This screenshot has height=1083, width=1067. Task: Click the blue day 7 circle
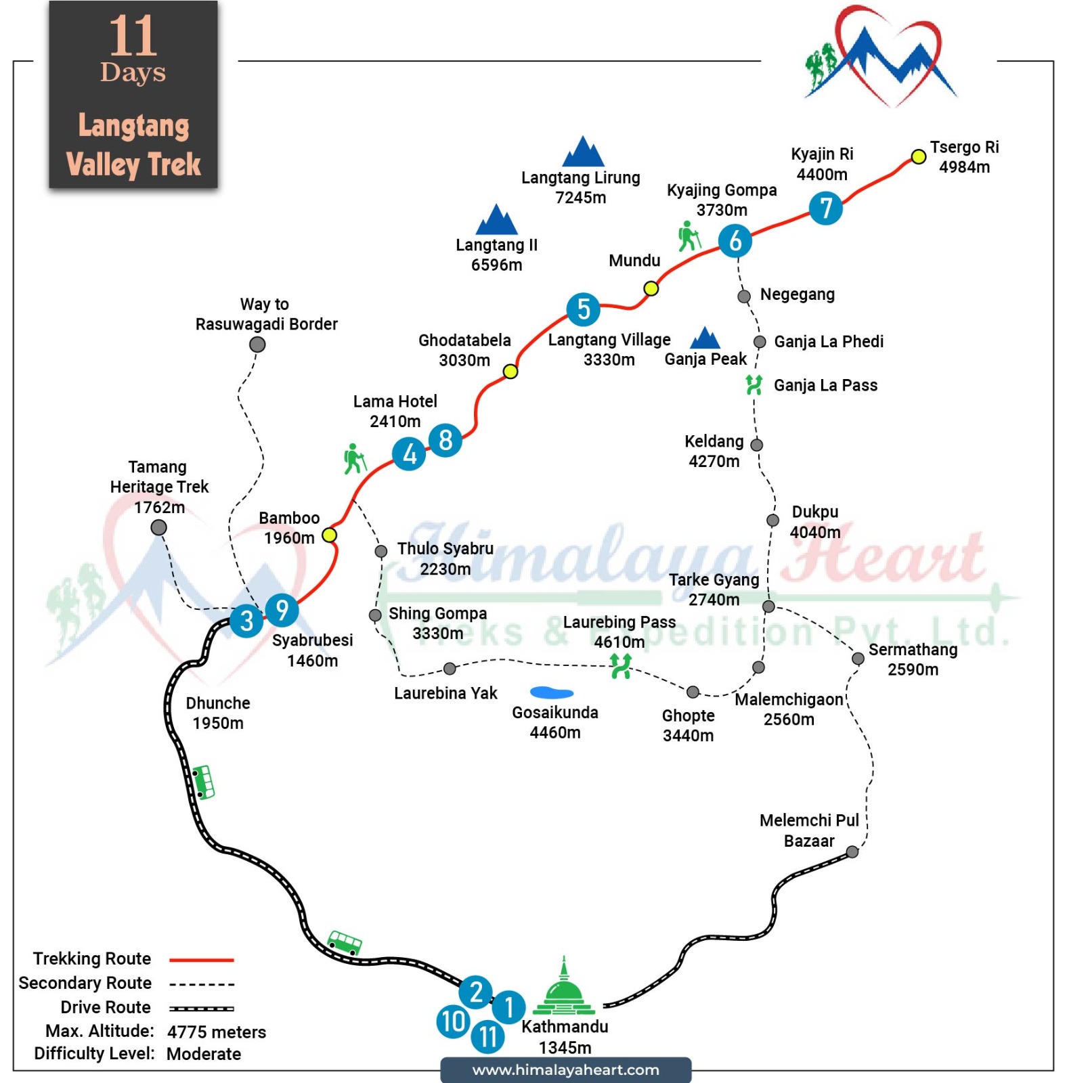click(825, 208)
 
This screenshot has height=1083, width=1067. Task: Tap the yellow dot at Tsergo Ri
click(918, 157)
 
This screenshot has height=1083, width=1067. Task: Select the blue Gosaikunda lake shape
click(552, 692)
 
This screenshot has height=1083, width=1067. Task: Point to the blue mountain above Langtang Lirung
click(583, 151)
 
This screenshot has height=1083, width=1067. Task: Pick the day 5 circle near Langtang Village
click(584, 309)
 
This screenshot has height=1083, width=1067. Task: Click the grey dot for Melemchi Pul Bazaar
click(852, 852)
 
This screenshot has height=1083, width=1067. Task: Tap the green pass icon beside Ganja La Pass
click(754, 384)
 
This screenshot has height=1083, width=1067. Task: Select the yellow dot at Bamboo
click(329, 535)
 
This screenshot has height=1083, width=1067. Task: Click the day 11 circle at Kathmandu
click(488, 1036)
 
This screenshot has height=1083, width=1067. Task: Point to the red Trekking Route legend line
click(202, 960)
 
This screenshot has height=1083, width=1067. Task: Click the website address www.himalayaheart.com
click(565, 1070)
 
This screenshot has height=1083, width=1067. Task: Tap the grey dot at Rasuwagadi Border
click(257, 345)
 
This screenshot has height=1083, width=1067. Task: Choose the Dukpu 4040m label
click(815, 522)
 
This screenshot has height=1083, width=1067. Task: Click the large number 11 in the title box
click(133, 36)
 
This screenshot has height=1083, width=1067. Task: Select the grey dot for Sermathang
click(858, 659)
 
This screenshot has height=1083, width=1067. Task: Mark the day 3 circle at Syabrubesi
click(246, 621)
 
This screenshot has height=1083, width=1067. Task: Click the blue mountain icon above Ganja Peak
click(705, 338)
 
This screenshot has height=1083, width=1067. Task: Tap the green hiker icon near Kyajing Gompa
click(689, 236)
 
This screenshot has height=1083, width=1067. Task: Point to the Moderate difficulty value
click(204, 1054)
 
